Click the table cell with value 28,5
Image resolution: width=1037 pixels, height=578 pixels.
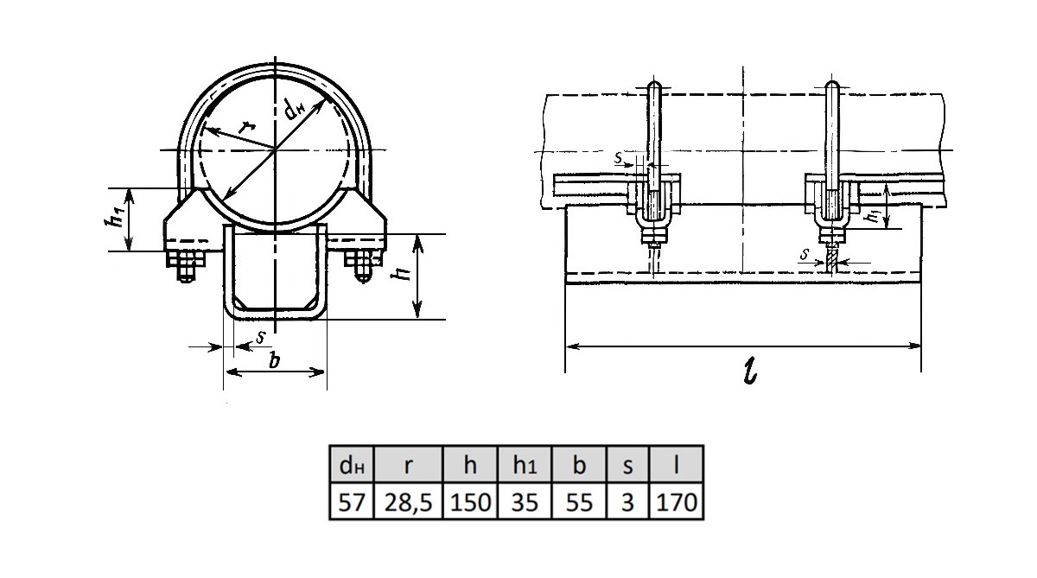click(407, 501)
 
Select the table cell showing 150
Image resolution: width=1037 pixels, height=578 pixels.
click(470, 501)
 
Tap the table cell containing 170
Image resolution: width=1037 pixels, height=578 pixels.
click(677, 501)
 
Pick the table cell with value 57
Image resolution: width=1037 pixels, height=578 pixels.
click(351, 501)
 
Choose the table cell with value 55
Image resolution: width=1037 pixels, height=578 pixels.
click(579, 501)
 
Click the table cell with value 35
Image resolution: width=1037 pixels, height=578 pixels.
click(525, 501)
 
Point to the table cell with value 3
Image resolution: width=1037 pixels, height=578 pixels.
click(628, 501)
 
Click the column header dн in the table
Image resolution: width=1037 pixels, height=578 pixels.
click(351, 467)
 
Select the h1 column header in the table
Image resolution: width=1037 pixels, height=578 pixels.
click(525, 467)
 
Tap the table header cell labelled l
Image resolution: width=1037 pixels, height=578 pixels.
click(677, 467)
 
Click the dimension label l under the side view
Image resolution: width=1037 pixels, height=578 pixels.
click(749, 372)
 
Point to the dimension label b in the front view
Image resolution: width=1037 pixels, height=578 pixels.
click(274, 360)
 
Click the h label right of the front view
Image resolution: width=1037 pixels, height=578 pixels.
click(400, 274)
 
